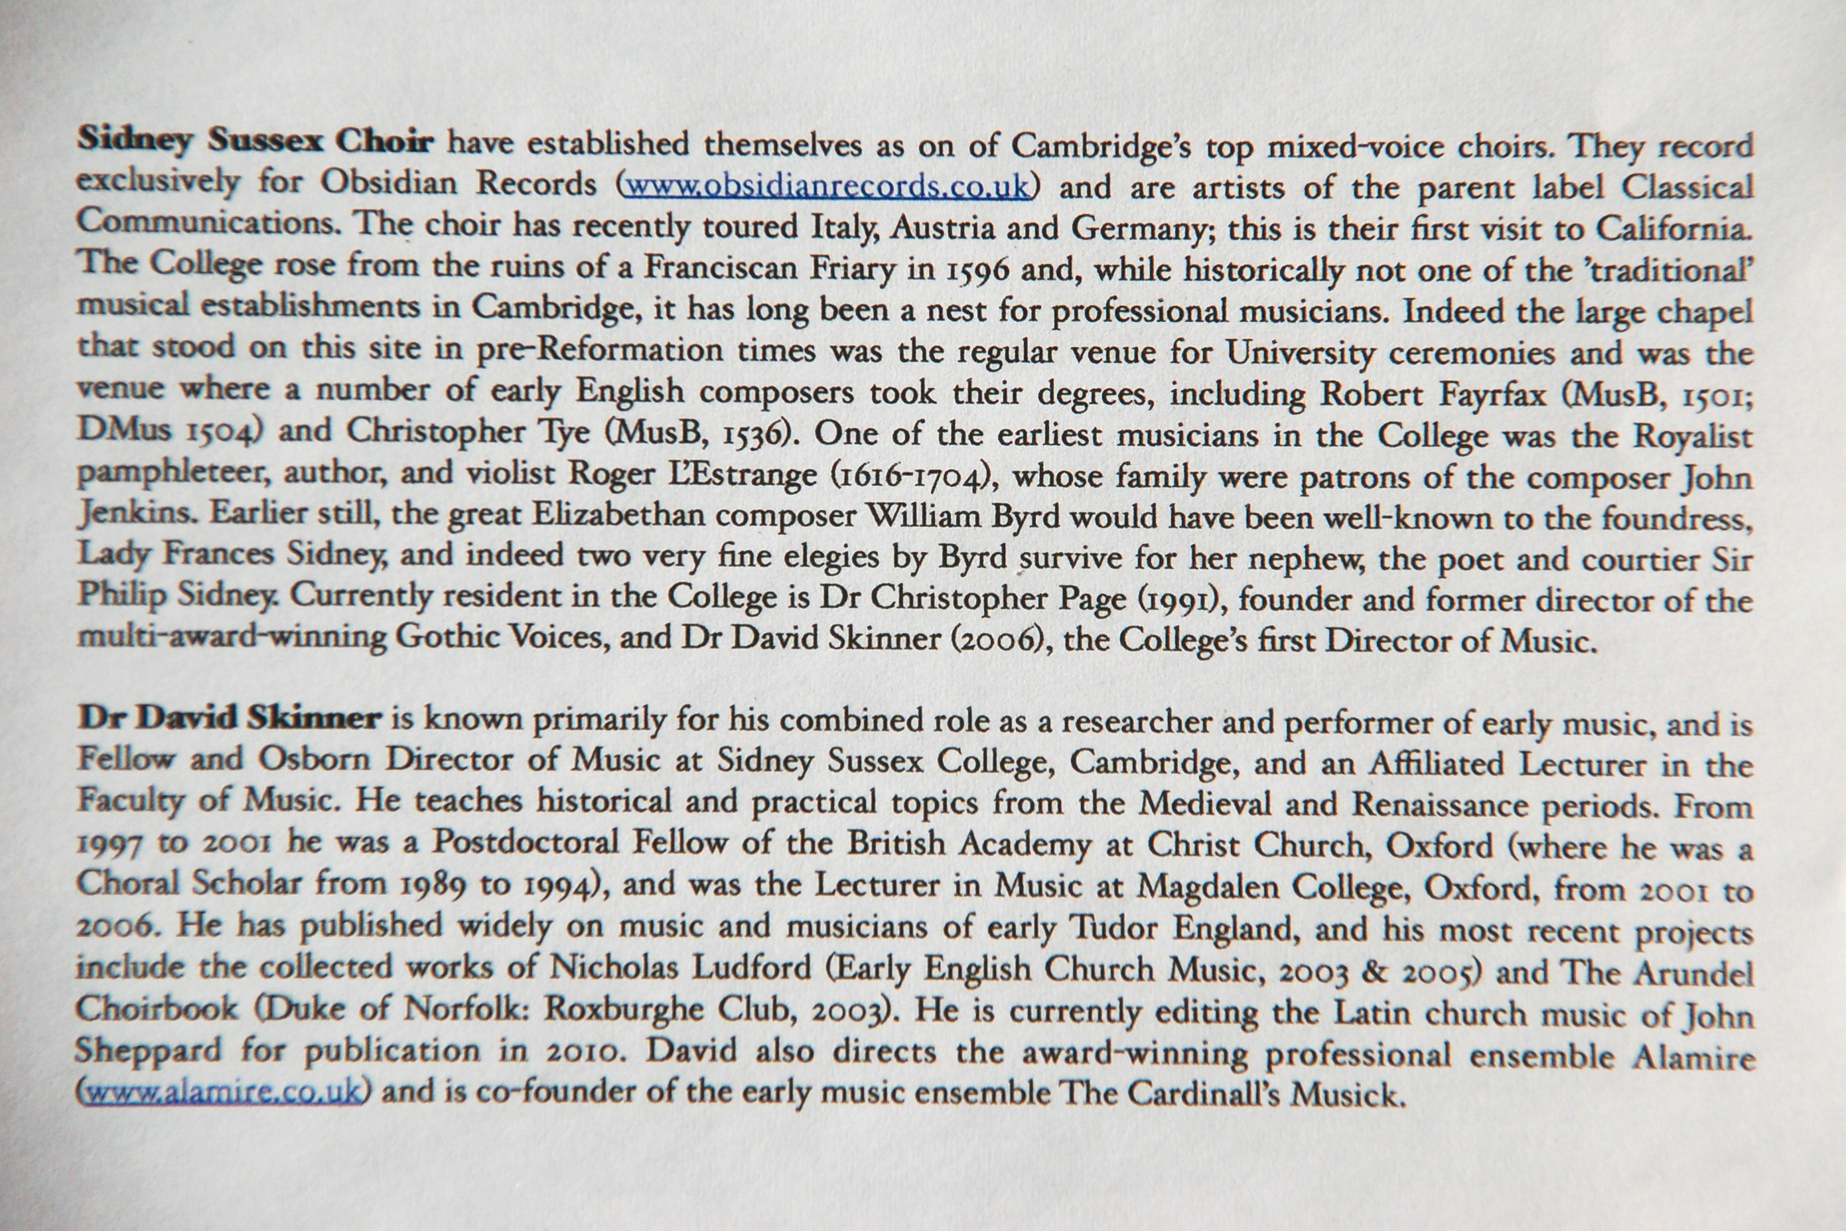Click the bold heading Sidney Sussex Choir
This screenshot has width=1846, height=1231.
255,142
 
